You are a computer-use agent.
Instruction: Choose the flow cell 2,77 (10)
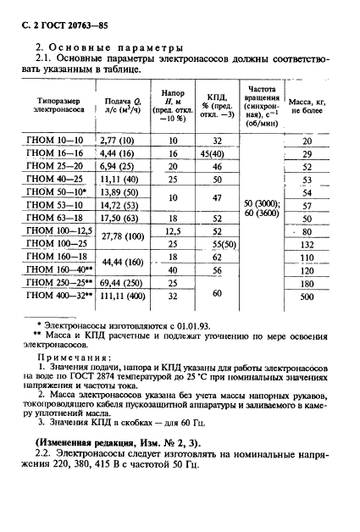(x=118, y=141)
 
